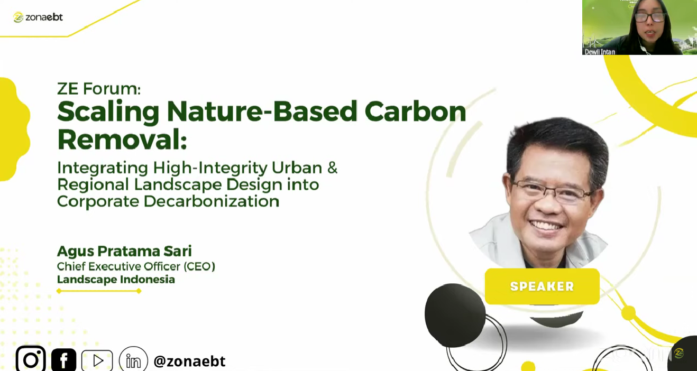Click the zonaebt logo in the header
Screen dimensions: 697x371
point(38,17)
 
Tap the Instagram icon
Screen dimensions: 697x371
point(31,359)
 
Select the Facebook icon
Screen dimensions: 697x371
point(64,360)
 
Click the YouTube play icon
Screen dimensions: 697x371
point(97,360)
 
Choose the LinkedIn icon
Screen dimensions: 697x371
point(133,360)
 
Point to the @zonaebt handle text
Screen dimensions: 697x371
point(189,361)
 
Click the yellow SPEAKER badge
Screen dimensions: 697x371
point(542,286)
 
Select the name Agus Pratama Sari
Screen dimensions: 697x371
point(124,252)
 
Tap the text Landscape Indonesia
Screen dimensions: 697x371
point(116,279)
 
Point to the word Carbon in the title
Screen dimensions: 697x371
point(415,111)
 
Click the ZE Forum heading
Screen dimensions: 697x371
point(99,89)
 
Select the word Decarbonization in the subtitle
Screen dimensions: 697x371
point(212,201)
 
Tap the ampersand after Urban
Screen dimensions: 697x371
point(332,168)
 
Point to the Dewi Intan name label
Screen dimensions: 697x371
point(600,52)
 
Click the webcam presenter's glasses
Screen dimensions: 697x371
point(649,17)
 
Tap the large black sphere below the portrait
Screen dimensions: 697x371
point(455,315)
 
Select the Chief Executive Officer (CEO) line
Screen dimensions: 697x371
point(136,266)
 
